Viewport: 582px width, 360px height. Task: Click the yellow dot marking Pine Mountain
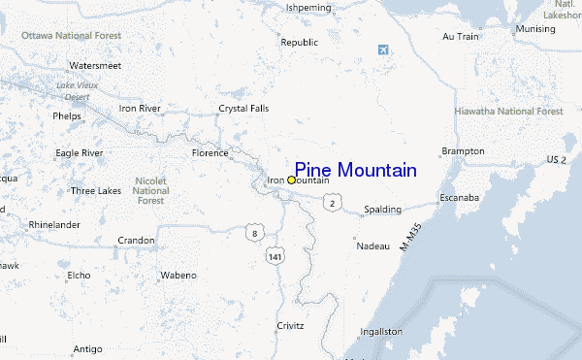[x=292, y=180]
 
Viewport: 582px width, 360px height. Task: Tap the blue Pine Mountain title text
[x=355, y=170]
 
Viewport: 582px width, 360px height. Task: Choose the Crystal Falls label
[x=242, y=108]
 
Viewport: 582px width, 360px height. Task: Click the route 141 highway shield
[x=276, y=256]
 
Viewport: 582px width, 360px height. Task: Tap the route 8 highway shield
[x=254, y=234]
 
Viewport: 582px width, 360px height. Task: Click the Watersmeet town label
[x=94, y=65]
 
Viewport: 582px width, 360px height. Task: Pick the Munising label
[x=535, y=29]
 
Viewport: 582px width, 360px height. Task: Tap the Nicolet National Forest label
[x=150, y=190]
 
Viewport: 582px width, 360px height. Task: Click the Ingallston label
[x=380, y=331]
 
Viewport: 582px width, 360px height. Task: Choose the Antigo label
[x=87, y=348]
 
